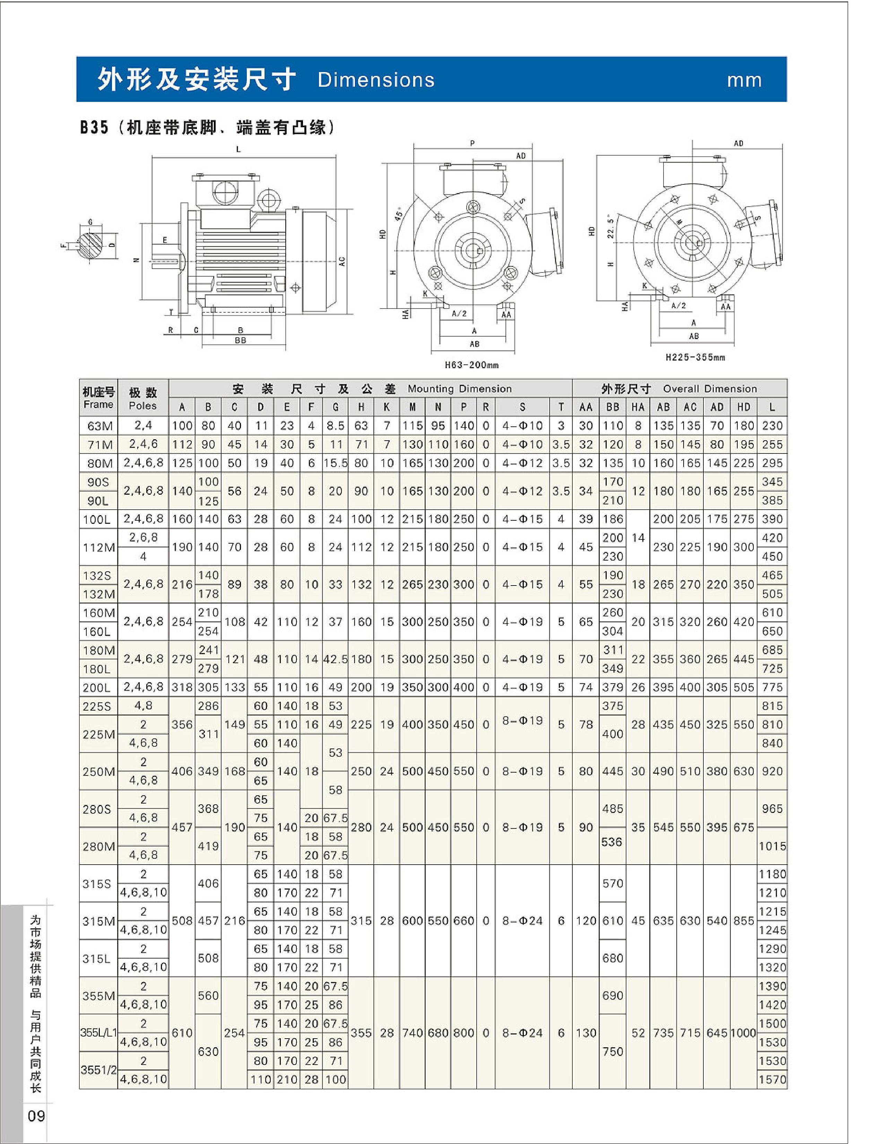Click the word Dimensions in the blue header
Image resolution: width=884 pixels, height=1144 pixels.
pos(376,80)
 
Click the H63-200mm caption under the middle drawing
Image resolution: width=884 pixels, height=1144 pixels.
pos(471,365)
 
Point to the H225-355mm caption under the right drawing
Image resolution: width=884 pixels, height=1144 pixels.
pos(695,358)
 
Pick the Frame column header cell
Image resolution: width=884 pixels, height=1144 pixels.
pos(98,398)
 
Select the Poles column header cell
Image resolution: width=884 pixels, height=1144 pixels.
pos(143,398)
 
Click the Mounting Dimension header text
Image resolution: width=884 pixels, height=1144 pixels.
pos(459,389)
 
